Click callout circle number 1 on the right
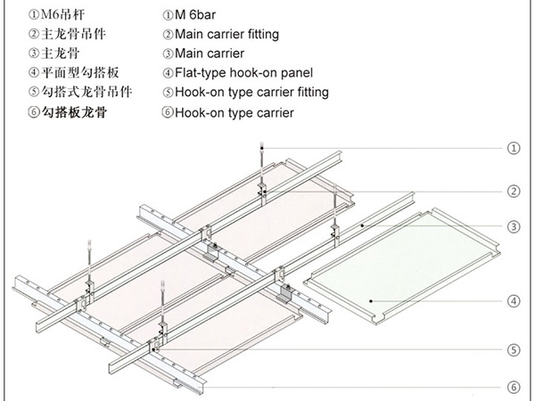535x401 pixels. click(x=513, y=149)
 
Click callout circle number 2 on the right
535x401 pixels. click(x=513, y=191)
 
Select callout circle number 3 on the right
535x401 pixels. click(x=513, y=226)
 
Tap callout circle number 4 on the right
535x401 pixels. click(x=513, y=300)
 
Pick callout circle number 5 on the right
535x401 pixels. click(x=513, y=351)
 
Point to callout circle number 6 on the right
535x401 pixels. click(x=513, y=387)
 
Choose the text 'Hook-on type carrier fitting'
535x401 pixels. click(x=251, y=92)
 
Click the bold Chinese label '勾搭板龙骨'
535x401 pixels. click(x=62, y=113)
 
